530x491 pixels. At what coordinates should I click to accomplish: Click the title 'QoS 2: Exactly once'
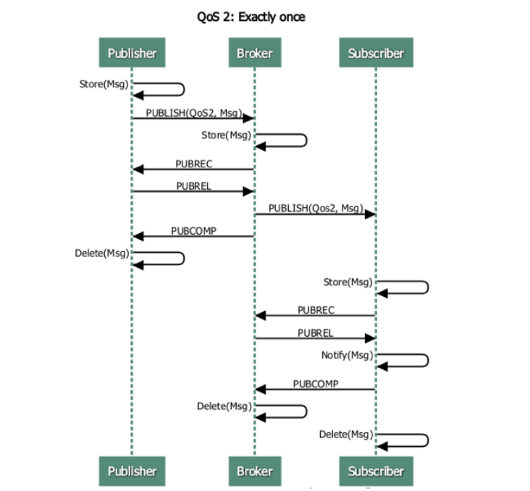(x=251, y=17)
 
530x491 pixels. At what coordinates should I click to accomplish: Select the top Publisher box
(x=132, y=53)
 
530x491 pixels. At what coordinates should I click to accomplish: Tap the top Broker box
(x=254, y=53)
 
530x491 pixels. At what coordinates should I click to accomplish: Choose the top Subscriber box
(x=376, y=53)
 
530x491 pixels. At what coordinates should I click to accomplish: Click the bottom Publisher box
(x=132, y=471)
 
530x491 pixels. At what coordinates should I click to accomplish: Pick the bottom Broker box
(x=254, y=471)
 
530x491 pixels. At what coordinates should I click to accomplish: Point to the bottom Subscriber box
(x=376, y=471)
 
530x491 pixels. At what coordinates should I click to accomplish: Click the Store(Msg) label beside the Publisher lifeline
(x=104, y=84)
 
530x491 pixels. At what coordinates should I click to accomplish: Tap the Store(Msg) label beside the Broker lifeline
(x=227, y=135)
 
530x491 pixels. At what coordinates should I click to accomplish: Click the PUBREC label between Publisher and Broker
(x=193, y=164)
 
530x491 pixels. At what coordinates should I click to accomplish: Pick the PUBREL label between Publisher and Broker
(x=193, y=186)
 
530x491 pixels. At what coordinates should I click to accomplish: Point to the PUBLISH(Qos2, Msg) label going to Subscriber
(x=316, y=209)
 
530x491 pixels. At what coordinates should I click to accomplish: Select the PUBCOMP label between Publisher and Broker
(x=193, y=231)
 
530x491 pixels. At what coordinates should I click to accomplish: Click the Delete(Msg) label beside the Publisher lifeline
(x=102, y=253)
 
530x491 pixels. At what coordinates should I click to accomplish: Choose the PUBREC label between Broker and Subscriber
(x=316, y=310)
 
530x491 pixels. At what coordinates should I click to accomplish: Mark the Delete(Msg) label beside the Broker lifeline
(x=224, y=406)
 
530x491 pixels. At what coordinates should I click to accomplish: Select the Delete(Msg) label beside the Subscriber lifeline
(x=346, y=434)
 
